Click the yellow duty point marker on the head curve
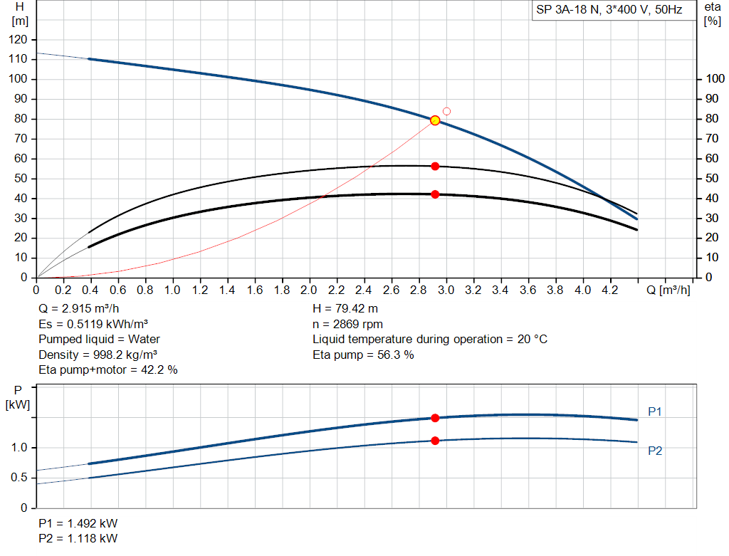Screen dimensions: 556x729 [x=435, y=120]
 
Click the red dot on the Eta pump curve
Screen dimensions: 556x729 [x=435, y=166]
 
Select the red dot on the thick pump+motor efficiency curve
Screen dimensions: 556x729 [x=435, y=194]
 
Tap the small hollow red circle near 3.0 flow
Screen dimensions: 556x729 [x=446, y=111]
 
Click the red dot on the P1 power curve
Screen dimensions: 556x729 [x=435, y=418]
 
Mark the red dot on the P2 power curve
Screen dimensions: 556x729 [x=435, y=441]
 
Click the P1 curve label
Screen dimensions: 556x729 [x=655, y=411]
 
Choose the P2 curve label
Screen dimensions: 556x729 [x=655, y=451]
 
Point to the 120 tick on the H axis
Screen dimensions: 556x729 [x=21, y=39]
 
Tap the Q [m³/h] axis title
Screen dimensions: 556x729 [x=668, y=290]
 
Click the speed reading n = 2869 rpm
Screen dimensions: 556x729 [x=347, y=324]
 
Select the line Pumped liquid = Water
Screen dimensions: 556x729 [x=99, y=339]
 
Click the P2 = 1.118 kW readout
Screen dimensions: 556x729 [x=78, y=537]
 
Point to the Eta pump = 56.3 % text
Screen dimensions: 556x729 [x=363, y=354]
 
